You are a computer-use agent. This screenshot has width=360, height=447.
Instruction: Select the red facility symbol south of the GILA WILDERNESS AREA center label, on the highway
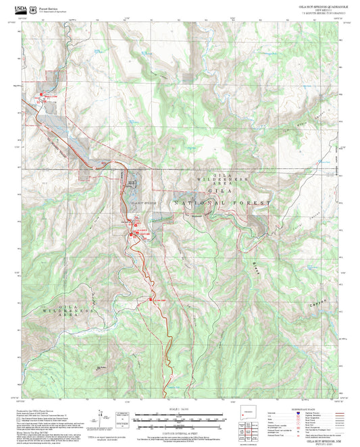pos(151,299)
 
